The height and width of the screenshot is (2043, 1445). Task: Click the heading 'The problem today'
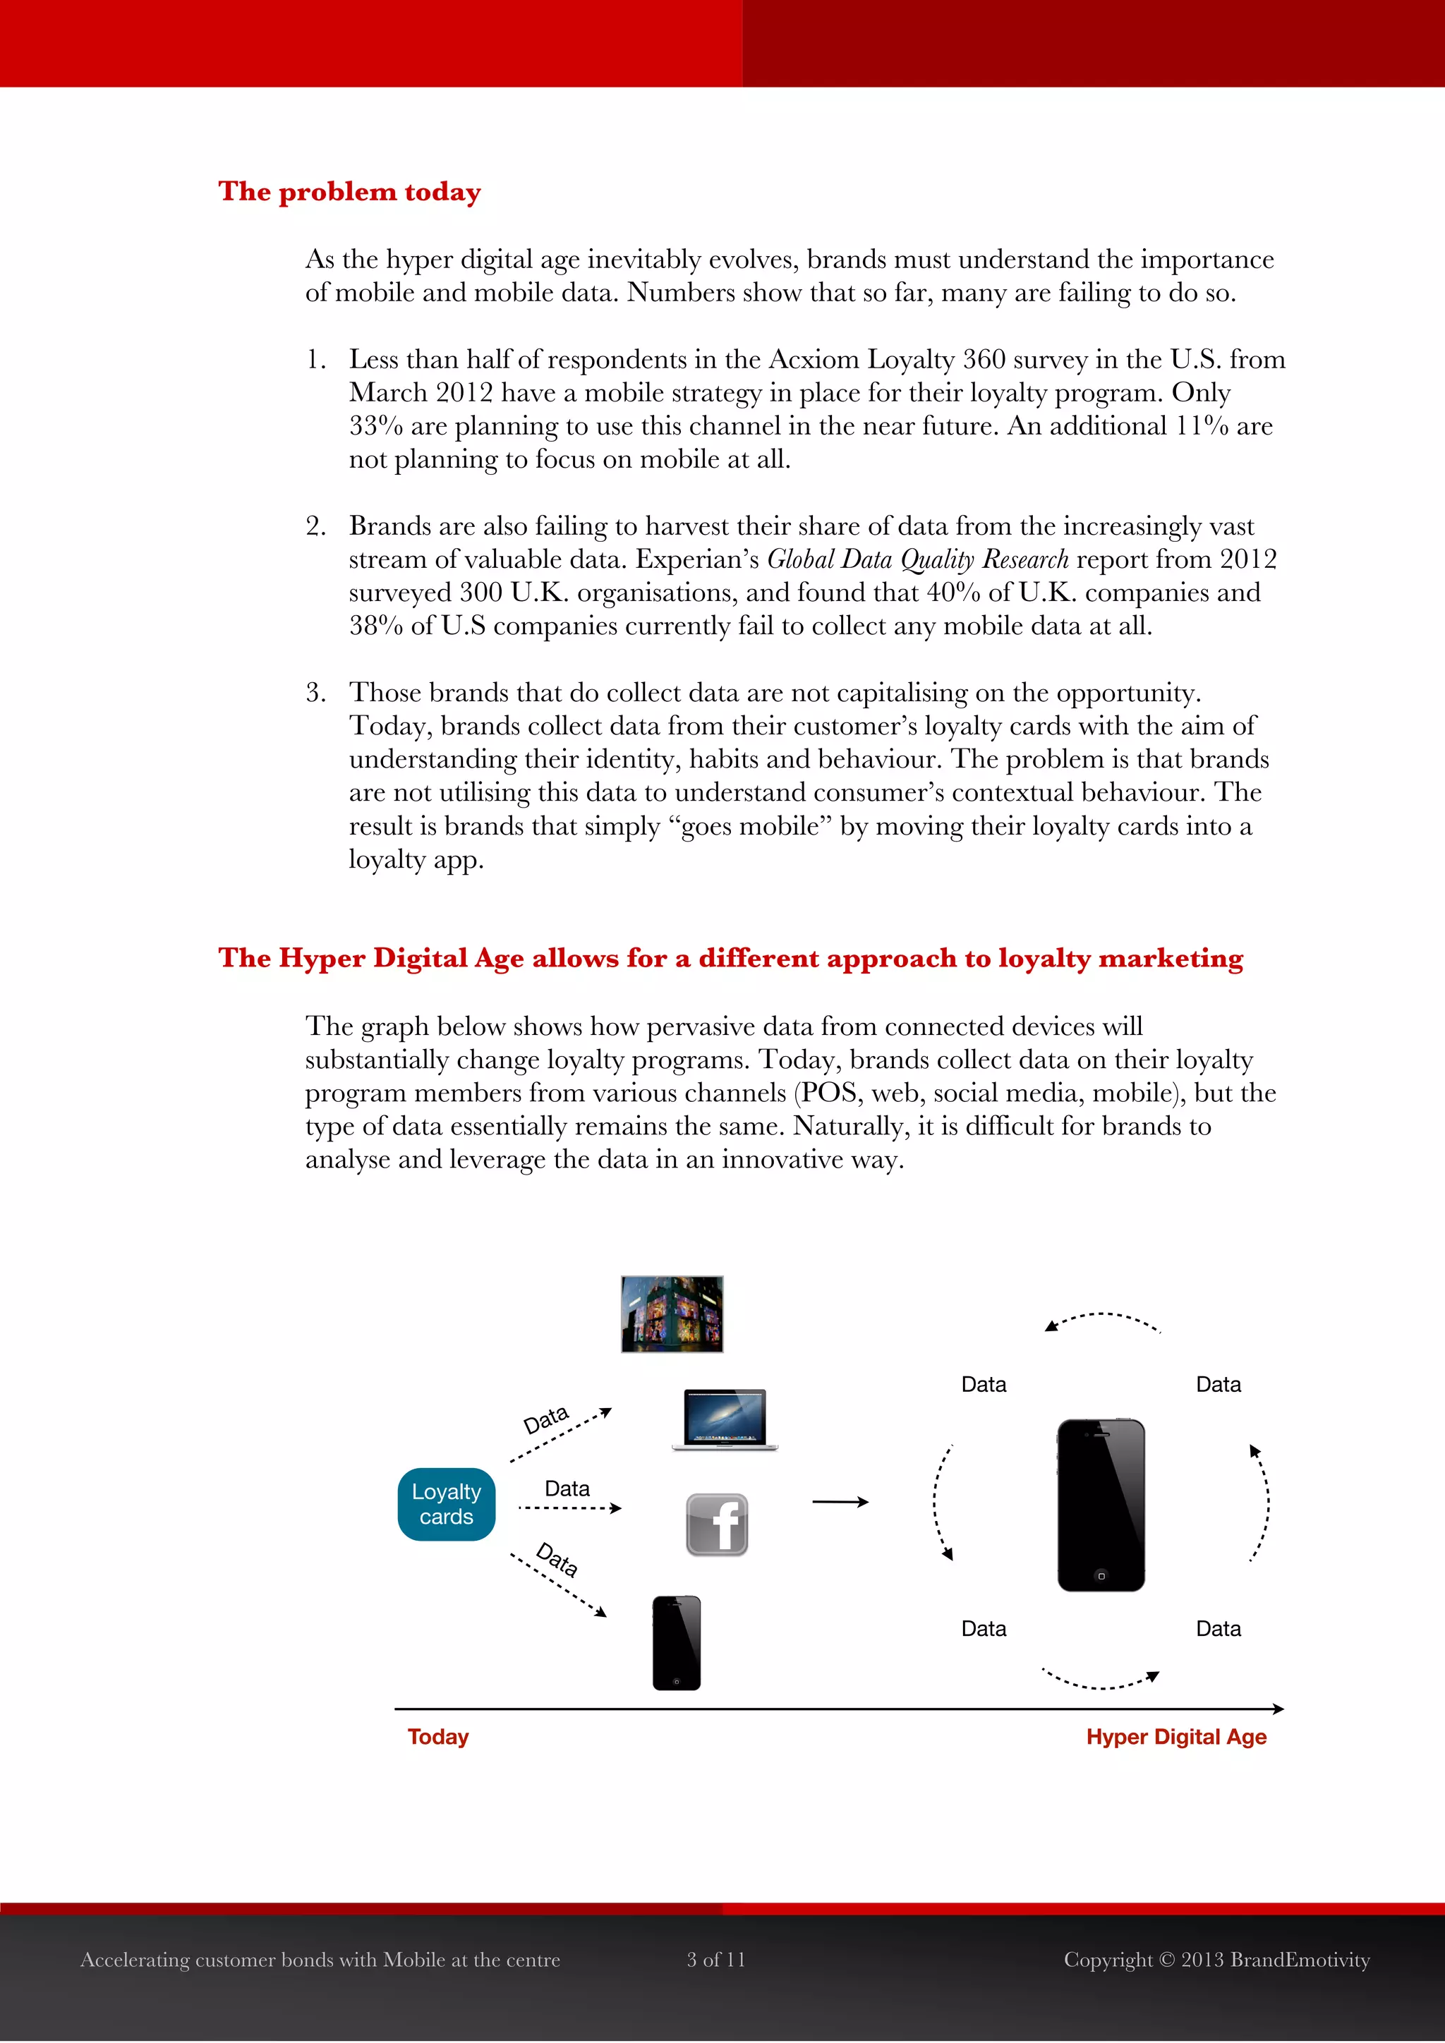[x=350, y=191]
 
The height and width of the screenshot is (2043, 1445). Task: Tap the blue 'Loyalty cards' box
[x=446, y=1504]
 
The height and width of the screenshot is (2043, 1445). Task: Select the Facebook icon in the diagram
[x=717, y=1524]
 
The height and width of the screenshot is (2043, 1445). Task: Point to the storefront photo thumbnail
[x=672, y=1314]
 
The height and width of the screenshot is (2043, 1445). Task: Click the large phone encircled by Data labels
[x=1101, y=1505]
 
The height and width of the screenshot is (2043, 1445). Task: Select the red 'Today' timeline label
[x=437, y=1737]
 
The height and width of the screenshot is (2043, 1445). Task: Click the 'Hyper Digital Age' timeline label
[x=1175, y=1737]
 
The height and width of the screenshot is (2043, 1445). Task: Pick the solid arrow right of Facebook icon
[x=840, y=1502]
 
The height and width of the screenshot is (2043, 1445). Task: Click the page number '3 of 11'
[x=715, y=1959]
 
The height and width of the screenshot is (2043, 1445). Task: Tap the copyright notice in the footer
[x=1216, y=1959]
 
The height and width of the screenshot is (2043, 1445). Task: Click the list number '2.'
[x=316, y=526]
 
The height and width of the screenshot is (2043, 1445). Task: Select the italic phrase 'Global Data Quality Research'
[x=917, y=559]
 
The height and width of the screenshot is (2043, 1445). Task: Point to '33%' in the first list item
[x=375, y=426]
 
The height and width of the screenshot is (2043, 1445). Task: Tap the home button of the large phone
[x=1101, y=1576]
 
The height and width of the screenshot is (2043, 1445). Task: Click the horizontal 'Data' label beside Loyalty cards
[x=567, y=1489]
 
